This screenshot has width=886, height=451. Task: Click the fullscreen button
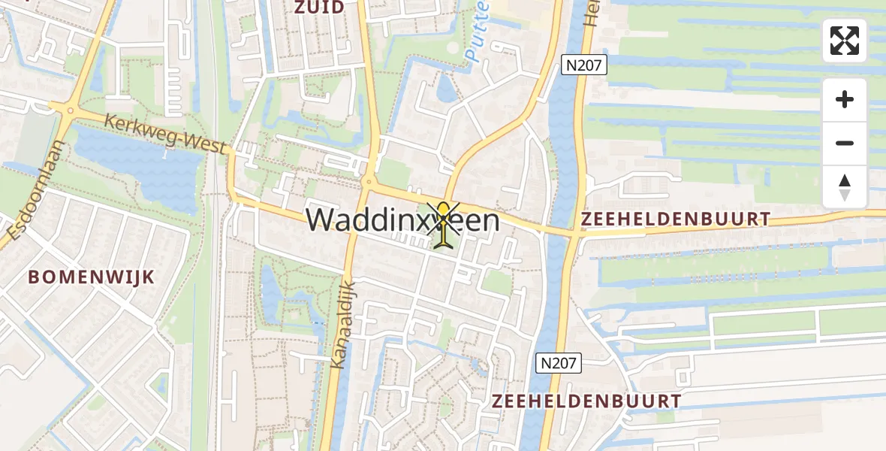[x=845, y=41]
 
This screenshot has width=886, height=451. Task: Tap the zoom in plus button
[x=845, y=99]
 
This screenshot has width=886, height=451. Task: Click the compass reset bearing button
[x=845, y=187]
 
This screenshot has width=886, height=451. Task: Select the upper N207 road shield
[x=583, y=65]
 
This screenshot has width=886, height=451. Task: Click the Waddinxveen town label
[x=402, y=219]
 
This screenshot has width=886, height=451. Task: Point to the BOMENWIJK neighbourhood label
[x=92, y=277]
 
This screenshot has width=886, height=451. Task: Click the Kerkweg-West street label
[x=165, y=134]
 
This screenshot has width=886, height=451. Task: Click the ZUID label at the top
[x=319, y=8]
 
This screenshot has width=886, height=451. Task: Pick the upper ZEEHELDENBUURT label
[x=675, y=219]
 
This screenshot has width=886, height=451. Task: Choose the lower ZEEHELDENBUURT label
[x=586, y=401]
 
